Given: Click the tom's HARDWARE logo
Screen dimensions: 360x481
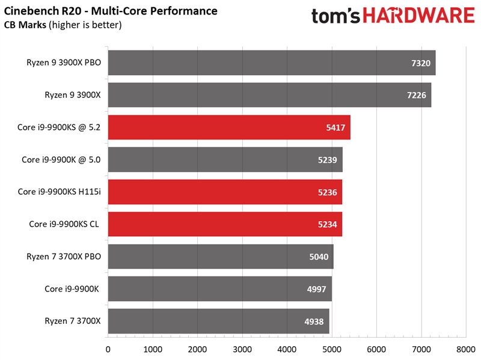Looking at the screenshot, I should click(393, 16).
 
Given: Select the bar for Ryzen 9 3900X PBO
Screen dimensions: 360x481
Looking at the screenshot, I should click(271, 63).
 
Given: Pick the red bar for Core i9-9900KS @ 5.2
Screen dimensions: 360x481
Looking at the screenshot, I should click(228, 127).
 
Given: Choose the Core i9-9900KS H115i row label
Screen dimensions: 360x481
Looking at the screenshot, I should click(60, 192).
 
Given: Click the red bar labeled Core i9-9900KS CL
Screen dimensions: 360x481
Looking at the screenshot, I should click(225, 224).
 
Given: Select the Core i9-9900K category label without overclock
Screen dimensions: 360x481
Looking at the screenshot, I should click(73, 289).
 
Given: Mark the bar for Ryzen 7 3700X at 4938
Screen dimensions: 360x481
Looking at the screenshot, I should click(218, 322).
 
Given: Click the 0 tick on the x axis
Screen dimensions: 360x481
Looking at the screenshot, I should click(108, 349).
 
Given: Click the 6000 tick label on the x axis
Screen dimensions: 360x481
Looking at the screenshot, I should click(376, 349).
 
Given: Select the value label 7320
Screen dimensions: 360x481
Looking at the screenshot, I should click(421, 63).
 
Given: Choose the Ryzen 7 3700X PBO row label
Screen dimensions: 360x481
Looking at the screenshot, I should click(64, 257).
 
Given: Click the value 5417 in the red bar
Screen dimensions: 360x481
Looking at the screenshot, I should click(335, 127).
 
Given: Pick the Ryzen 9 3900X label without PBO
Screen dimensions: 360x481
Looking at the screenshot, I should click(73, 95).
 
